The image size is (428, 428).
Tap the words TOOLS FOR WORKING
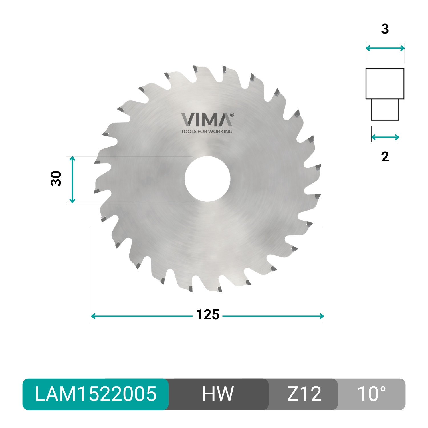click(x=207, y=132)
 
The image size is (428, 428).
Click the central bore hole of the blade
click(x=207, y=179)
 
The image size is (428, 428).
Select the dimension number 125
click(x=207, y=315)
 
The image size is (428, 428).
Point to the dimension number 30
click(x=56, y=179)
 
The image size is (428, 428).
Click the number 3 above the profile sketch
click(x=385, y=29)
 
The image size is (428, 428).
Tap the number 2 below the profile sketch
click(x=385, y=157)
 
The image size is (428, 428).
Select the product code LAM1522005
click(x=96, y=394)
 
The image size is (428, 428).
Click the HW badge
click(x=218, y=394)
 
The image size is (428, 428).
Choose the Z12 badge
click(x=304, y=394)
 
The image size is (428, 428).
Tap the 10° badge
click(x=371, y=394)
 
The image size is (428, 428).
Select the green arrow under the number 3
click(x=385, y=48)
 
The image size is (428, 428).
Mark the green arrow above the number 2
click(x=385, y=138)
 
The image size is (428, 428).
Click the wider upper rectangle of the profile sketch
click(x=385, y=84)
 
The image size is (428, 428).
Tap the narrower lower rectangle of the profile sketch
click(x=385, y=110)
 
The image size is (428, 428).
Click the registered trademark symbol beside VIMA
click(x=232, y=115)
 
